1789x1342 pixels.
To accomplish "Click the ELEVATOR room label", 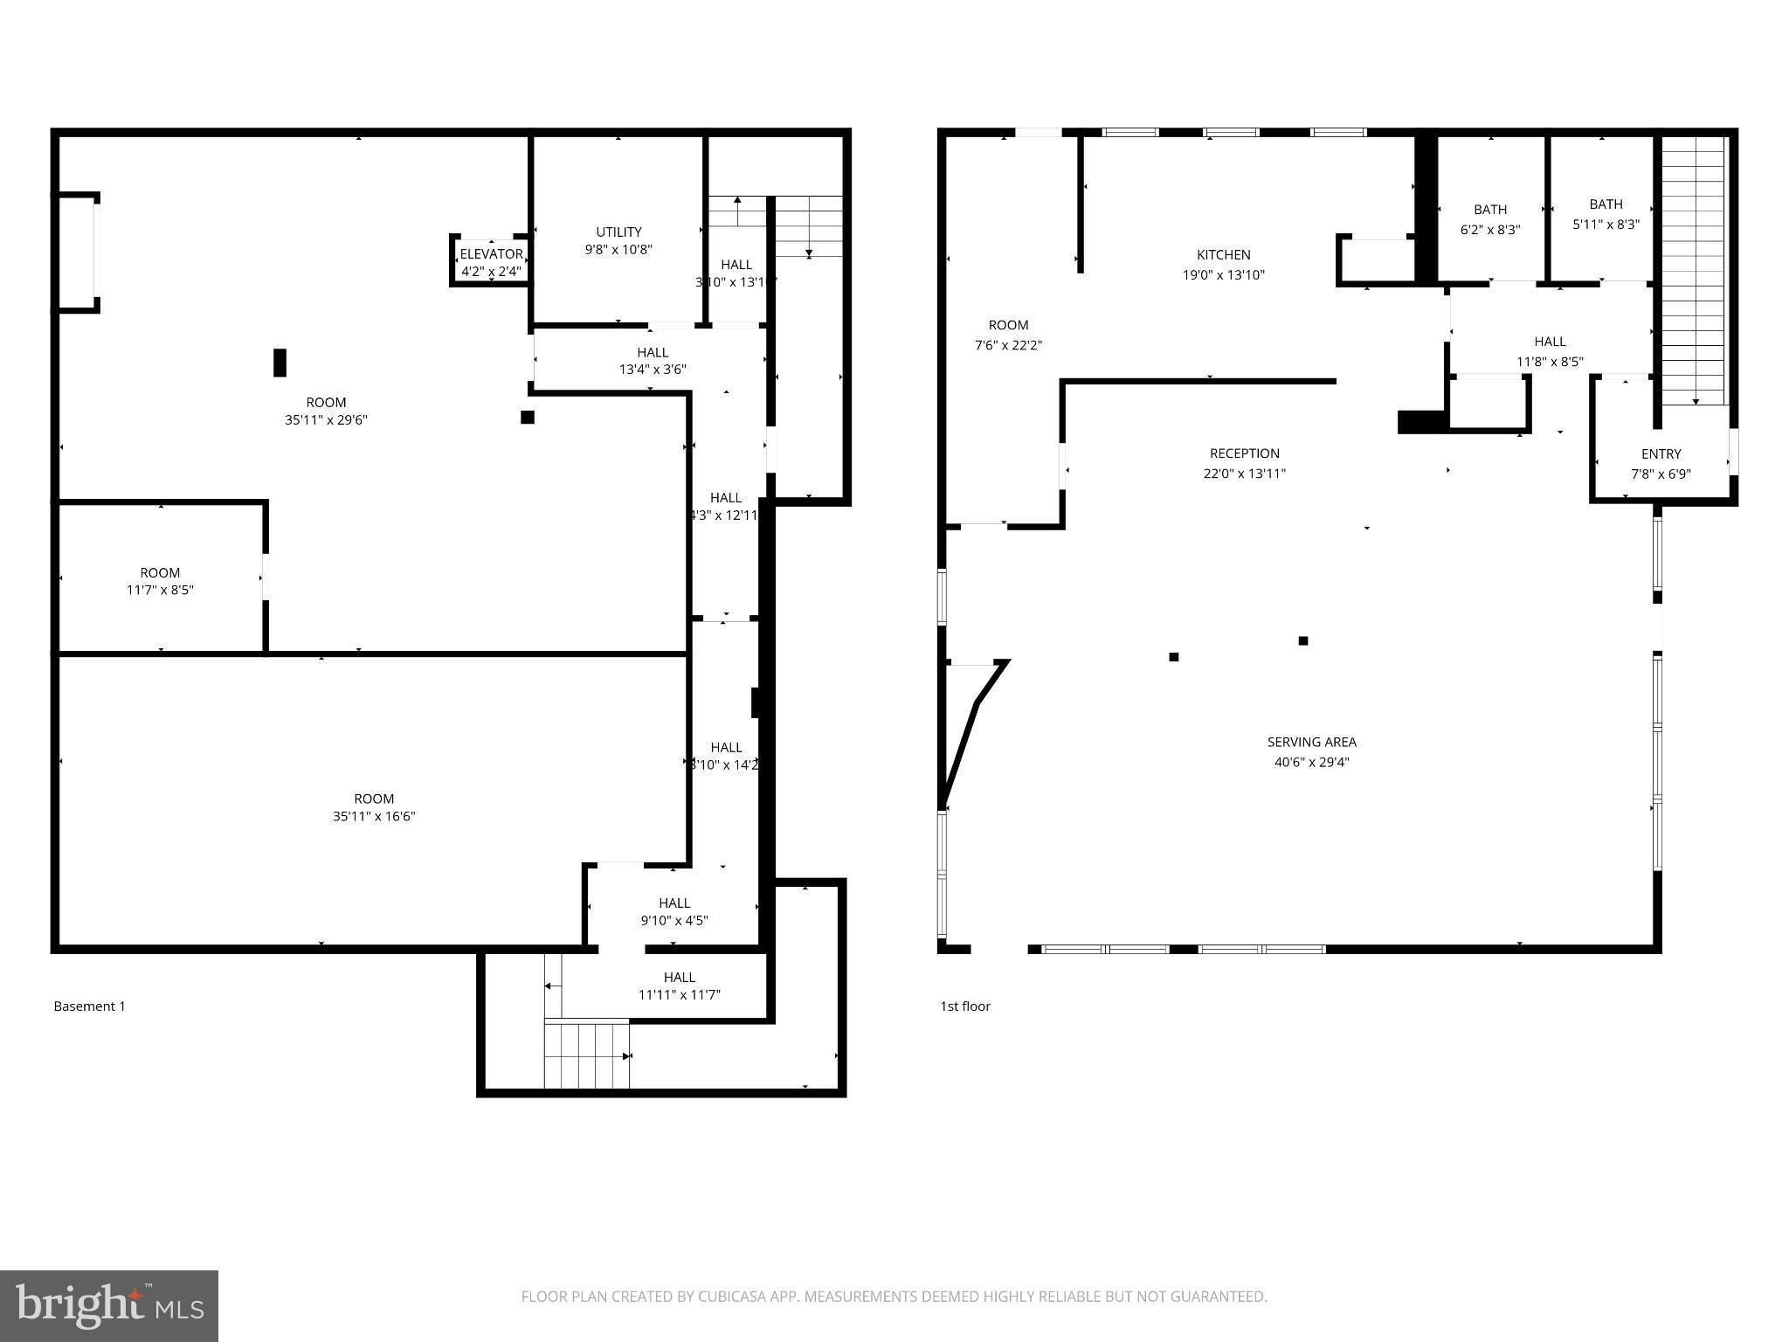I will click(x=491, y=254).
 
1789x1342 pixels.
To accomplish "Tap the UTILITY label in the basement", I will click(x=618, y=232).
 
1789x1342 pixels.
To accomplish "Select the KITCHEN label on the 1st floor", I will click(x=1223, y=254).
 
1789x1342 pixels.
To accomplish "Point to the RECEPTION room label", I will click(x=1244, y=453).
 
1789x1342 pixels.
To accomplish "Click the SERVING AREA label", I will click(x=1311, y=742).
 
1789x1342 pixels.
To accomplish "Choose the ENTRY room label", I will click(x=1661, y=454).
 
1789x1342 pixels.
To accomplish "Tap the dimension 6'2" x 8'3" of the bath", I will click(x=1490, y=230).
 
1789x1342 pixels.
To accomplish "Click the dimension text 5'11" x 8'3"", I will click(x=1606, y=224).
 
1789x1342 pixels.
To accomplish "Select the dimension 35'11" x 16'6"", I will click(x=374, y=816).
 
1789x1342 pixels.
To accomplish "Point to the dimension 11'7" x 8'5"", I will click(x=160, y=590).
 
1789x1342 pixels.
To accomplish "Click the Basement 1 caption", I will click(x=90, y=1006).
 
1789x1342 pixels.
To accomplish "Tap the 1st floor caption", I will click(x=965, y=1006).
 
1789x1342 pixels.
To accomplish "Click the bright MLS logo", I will click(x=109, y=1305).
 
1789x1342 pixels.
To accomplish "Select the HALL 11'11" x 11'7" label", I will click(x=679, y=977).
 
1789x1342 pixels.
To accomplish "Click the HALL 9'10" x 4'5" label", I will click(x=674, y=903).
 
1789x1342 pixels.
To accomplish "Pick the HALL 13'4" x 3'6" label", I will click(x=653, y=352).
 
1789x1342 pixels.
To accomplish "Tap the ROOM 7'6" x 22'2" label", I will click(x=1008, y=325).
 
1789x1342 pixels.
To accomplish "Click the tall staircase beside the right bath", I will click(x=1694, y=271).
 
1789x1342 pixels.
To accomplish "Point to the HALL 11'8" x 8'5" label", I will click(x=1550, y=342).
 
